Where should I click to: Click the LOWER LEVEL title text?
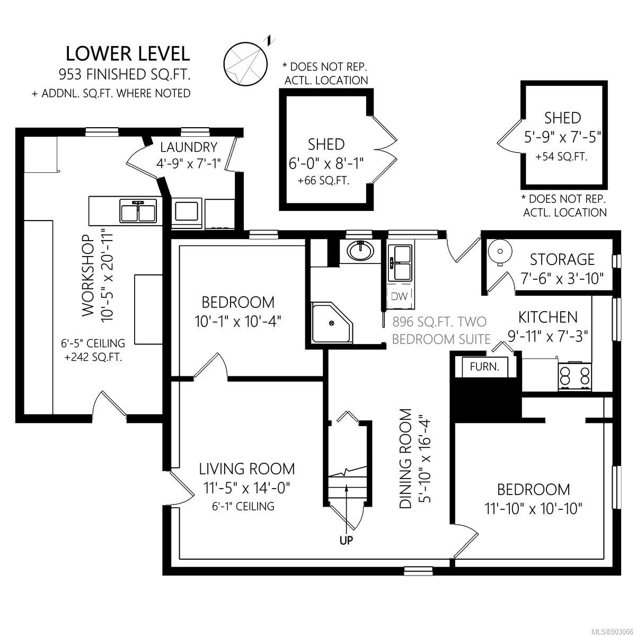[x=128, y=54]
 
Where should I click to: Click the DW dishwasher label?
[x=399, y=296]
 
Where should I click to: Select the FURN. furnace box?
[x=484, y=366]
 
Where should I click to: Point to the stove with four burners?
[x=575, y=376]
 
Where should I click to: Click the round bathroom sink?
[x=360, y=251]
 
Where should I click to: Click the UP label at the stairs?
[x=347, y=540]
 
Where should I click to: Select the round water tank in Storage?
[x=500, y=252]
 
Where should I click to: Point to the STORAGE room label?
[x=562, y=260]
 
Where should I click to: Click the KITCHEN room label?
[x=548, y=317]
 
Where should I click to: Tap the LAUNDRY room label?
[x=189, y=147]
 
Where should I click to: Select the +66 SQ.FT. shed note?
[x=323, y=181]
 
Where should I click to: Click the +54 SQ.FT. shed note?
[x=561, y=157]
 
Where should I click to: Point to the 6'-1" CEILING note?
[x=243, y=506]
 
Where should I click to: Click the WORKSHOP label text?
[x=87, y=276]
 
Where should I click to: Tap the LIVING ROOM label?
[x=247, y=469]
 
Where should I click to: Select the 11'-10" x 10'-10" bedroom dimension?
[x=533, y=509]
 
